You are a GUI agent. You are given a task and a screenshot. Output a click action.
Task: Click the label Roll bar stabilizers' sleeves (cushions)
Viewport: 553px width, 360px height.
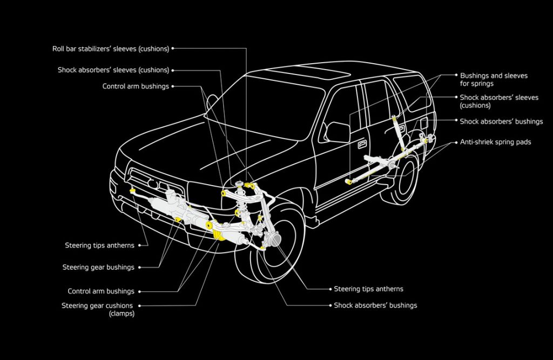[110, 49]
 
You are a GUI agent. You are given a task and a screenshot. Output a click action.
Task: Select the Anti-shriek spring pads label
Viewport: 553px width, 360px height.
[495, 142]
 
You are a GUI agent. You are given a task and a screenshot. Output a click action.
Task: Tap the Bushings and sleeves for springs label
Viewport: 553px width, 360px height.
[494, 80]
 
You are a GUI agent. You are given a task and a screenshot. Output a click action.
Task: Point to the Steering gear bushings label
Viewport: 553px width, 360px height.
[98, 267]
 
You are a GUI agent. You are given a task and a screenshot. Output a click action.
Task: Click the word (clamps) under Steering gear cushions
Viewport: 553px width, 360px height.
[122, 314]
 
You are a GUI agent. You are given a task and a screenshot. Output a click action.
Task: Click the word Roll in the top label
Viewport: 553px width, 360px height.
[58, 49]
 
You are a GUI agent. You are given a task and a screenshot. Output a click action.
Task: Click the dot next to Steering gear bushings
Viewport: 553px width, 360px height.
[140, 267]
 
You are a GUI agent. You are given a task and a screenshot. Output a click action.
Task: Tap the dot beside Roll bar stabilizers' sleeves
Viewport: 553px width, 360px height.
[173, 49]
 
